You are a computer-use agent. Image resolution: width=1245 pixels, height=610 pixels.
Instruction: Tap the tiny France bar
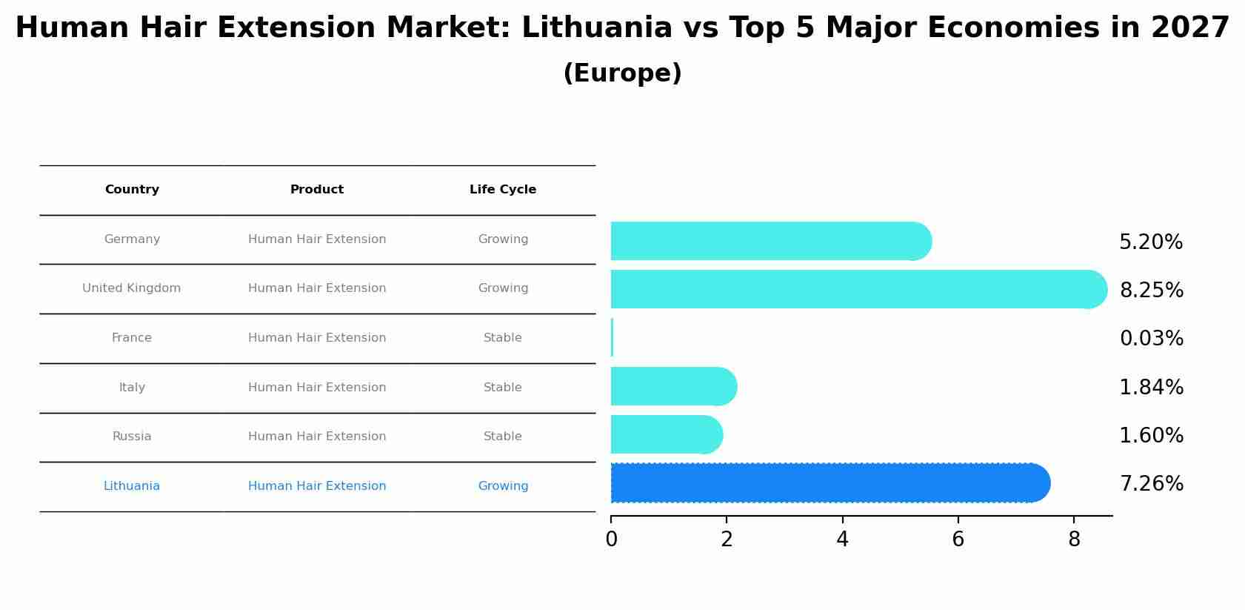(x=612, y=337)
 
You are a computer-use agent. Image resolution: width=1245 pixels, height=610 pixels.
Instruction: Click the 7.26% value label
(x=1151, y=484)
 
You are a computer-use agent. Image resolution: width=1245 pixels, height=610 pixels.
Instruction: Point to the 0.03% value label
(x=1151, y=339)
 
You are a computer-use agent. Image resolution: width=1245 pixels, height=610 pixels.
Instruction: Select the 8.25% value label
(x=1151, y=291)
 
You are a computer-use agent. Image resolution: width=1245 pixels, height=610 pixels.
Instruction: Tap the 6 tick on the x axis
(x=958, y=540)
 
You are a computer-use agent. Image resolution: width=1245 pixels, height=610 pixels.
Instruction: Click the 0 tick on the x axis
(x=611, y=540)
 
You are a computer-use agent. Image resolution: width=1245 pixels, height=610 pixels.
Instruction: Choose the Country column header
(x=132, y=190)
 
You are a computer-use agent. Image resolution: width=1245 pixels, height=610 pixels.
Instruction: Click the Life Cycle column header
(x=503, y=190)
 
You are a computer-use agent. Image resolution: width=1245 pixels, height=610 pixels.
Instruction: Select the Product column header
(x=317, y=190)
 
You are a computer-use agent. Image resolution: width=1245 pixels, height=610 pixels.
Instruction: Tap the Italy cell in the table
(x=132, y=388)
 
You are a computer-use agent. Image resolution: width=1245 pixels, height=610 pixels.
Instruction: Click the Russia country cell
(x=132, y=437)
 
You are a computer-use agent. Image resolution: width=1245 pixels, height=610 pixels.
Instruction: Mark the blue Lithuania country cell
(x=132, y=486)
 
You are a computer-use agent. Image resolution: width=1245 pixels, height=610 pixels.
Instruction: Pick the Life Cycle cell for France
(x=503, y=338)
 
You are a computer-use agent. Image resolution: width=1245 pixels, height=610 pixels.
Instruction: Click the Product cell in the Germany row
(x=317, y=239)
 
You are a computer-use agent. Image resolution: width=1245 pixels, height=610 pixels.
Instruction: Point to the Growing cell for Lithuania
(x=503, y=486)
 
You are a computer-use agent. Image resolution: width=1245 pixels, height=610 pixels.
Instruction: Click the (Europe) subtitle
(x=622, y=73)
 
